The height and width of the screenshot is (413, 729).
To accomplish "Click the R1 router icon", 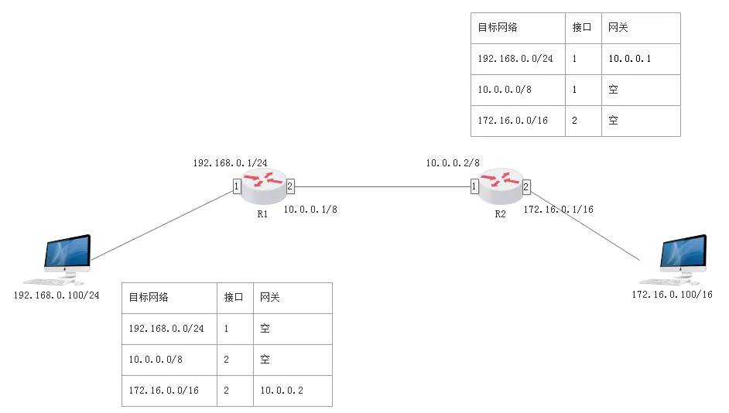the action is click(x=263, y=186).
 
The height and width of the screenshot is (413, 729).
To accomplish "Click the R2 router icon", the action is click(x=500, y=186).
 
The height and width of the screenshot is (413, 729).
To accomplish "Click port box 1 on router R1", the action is click(x=237, y=186).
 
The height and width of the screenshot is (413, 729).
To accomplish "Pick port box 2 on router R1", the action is click(x=290, y=186).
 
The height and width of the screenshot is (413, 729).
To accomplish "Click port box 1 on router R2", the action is click(x=474, y=186).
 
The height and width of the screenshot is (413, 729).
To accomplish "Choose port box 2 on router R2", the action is click(x=526, y=186).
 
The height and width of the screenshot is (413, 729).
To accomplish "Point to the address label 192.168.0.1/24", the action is click(x=230, y=163).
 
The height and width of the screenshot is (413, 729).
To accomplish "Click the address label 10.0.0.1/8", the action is click(x=310, y=210).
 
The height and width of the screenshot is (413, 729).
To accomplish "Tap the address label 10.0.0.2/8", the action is click(x=453, y=163).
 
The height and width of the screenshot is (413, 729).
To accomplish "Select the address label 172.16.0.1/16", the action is click(x=559, y=210).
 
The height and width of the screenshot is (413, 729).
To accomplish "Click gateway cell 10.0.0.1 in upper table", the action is click(x=629, y=59).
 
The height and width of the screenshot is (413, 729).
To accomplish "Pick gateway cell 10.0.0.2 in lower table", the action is click(x=281, y=391).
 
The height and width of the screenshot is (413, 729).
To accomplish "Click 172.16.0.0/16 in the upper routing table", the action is click(x=513, y=121).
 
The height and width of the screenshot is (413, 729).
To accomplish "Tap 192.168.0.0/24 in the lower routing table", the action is click(x=166, y=329).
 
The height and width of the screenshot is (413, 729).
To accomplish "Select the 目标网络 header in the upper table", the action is click(x=498, y=27).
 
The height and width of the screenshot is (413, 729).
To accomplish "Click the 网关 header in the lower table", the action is click(x=269, y=297).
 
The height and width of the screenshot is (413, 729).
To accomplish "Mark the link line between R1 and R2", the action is click(x=382, y=186).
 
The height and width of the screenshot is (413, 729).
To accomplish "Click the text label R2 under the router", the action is click(x=500, y=214).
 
